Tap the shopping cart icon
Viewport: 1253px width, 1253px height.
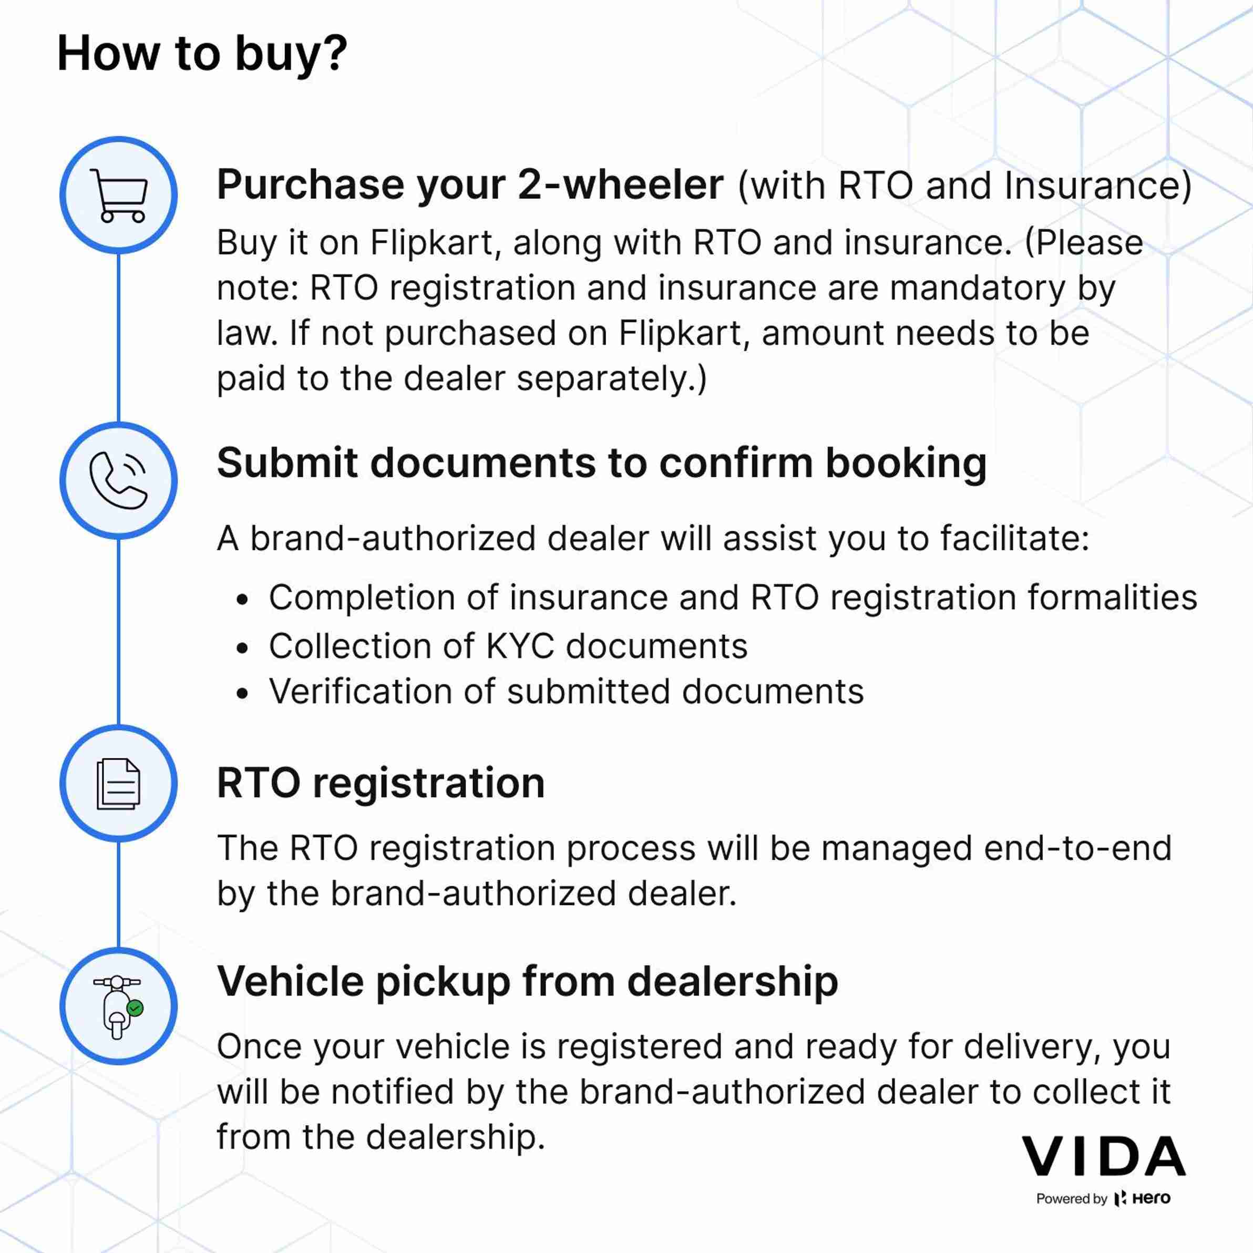click(x=119, y=195)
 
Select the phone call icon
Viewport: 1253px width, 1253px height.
click(x=119, y=480)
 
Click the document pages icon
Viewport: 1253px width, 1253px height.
click(x=119, y=784)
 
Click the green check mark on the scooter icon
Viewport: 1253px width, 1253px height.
click(x=136, y=1008)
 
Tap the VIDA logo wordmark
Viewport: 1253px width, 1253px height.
click(x=1103, y=1156)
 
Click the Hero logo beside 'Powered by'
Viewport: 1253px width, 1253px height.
click(x=1143, y=1198)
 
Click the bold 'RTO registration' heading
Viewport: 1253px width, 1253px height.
click(x=381, y=783)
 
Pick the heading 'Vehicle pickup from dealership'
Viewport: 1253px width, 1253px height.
click(x=527, y=982)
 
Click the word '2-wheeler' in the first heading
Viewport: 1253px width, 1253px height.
click(x=621, y=185)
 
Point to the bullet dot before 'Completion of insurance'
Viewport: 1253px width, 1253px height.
click(x=242, y=600)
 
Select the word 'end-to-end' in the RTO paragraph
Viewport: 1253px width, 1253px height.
click(x=1077, y=848)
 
